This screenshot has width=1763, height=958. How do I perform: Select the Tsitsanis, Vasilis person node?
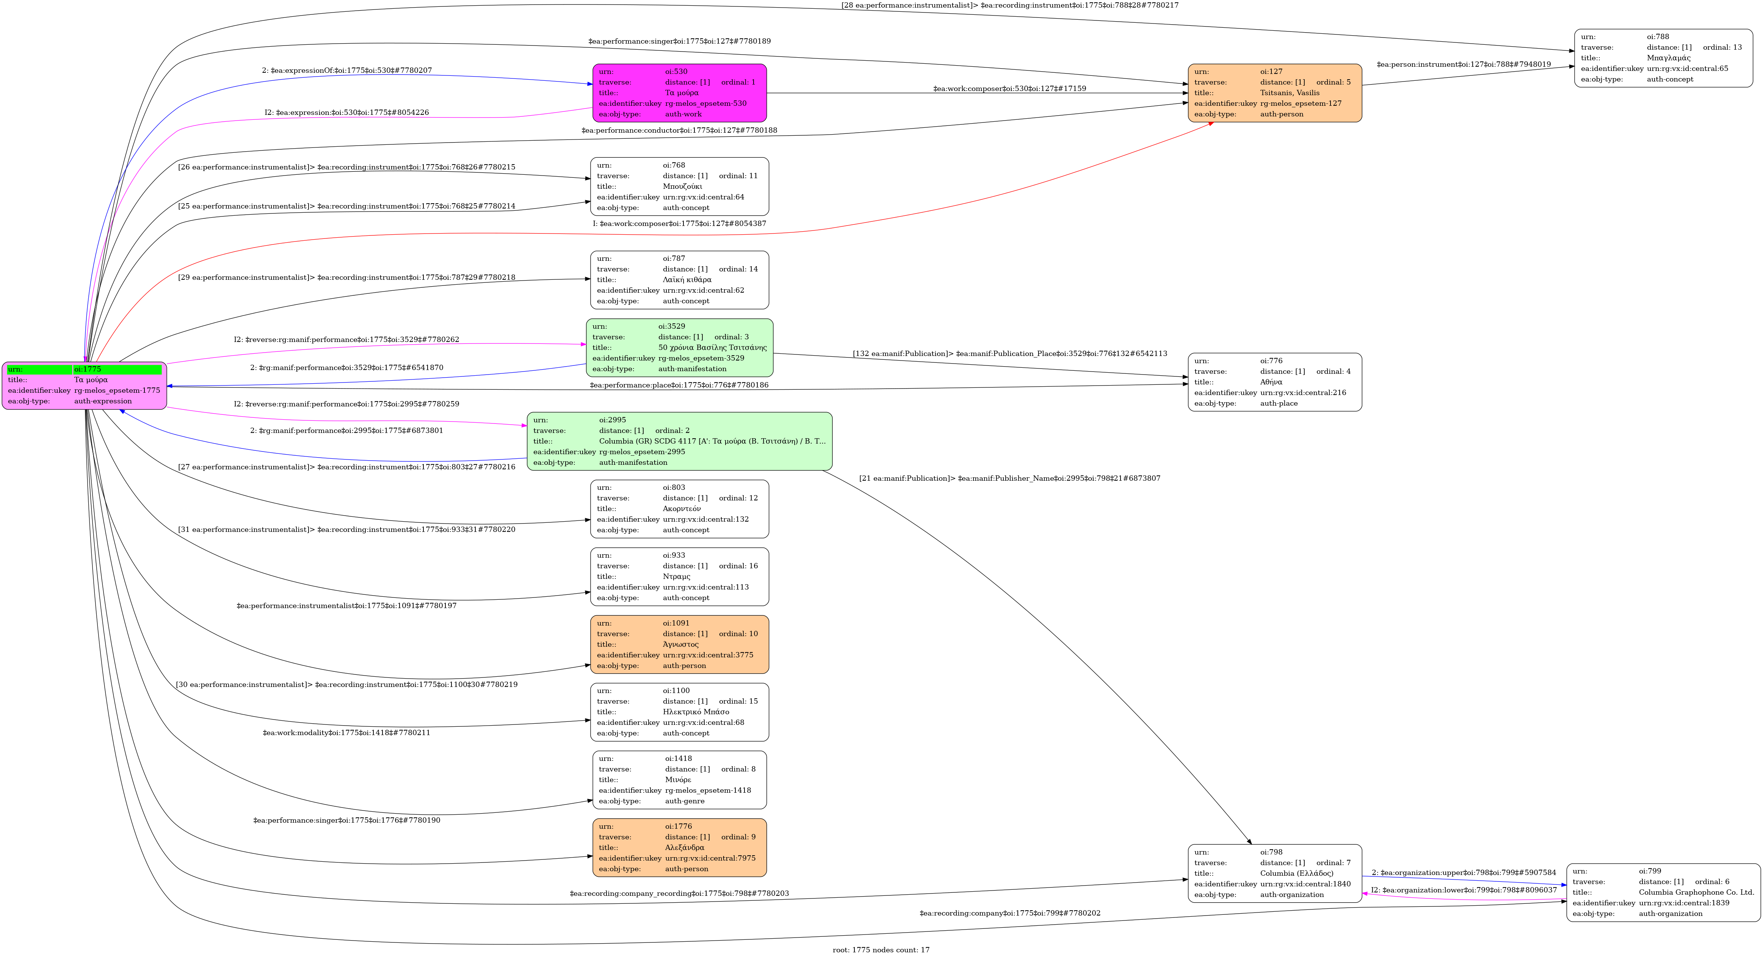click(x=1274, y=93)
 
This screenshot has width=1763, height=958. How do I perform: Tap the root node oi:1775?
click(x=84, y=385)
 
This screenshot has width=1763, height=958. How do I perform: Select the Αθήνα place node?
click(x=1274, y=382)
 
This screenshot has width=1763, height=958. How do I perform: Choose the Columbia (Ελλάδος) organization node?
click(x=1274, y=873)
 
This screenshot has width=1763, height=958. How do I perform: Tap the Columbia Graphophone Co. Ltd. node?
click(x=1663, y=892)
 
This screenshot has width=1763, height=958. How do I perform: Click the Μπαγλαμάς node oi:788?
click(x=1663, y=58)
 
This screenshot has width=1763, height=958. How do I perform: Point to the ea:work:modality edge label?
click(x=346, y=733)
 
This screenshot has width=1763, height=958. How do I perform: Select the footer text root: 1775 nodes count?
click(x=881, y=950)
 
